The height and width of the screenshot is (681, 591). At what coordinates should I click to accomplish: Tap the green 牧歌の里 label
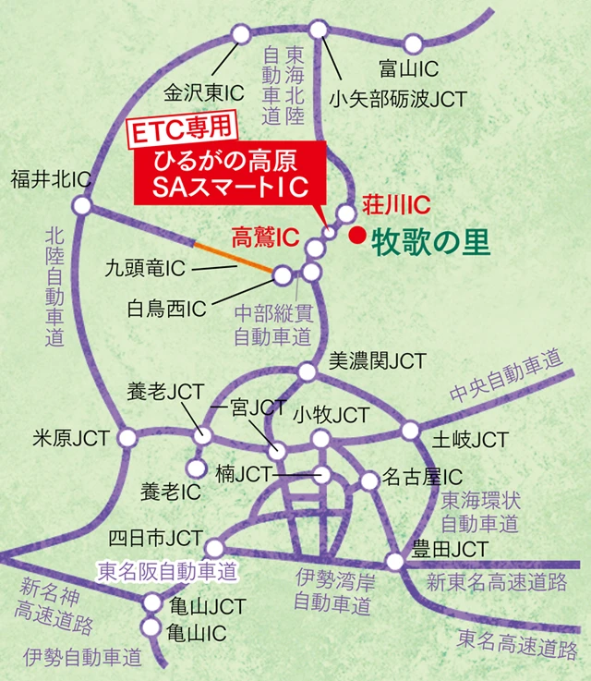pos(429,243)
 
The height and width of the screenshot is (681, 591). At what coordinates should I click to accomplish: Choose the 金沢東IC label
pos(203,92)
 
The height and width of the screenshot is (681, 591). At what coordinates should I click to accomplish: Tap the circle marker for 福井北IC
pos(83,205)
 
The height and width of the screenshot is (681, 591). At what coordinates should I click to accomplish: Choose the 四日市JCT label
pos(155,538)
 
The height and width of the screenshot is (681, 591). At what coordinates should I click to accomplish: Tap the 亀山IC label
pos(197,633)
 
